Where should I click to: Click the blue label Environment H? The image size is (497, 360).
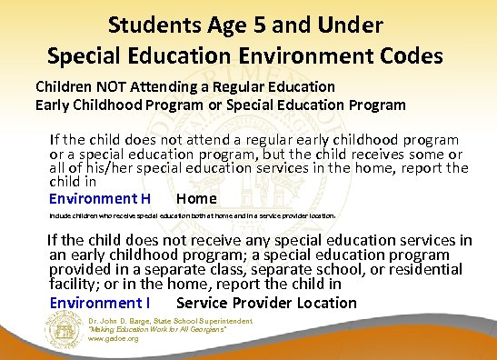tap(100, 198)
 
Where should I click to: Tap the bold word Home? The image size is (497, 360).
tap(196, 198)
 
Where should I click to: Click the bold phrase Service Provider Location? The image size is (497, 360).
tap(266, 303)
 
